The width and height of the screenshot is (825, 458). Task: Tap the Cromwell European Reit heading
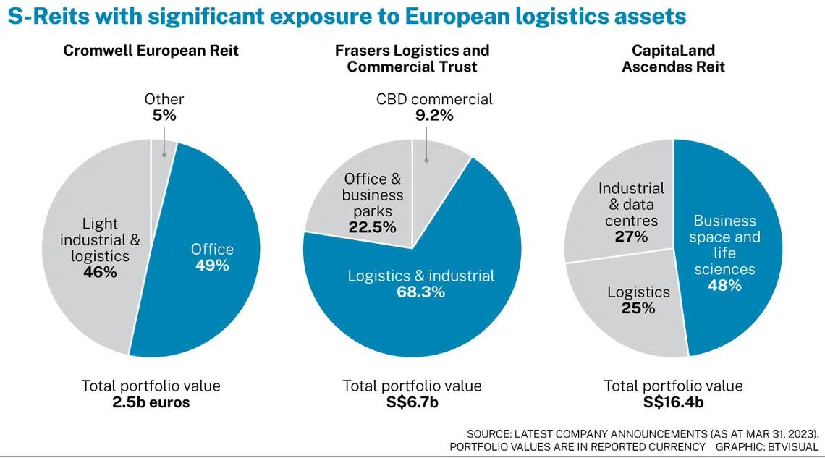click(151, 51)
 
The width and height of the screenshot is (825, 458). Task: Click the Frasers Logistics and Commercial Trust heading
click(412, 59)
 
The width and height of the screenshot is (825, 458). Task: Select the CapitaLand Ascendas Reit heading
click(673, 59)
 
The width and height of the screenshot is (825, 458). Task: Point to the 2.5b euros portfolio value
click(151, 402)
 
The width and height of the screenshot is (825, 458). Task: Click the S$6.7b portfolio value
click(412, 402)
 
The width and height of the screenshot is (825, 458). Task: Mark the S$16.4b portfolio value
click(673, 402)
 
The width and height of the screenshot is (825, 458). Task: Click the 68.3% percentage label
click(420, 292)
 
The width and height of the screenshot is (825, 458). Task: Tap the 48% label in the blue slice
click(724, 285)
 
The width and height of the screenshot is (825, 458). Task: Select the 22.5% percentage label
click(373, 227)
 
